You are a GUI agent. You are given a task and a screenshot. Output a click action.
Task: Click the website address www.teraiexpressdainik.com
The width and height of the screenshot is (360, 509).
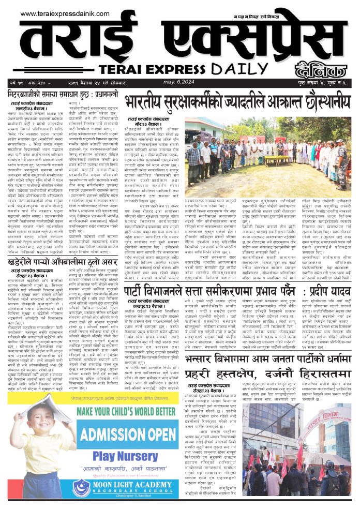(x=56, y=14)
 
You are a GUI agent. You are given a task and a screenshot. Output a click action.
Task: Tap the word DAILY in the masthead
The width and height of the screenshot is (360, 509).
(x=251, y=69)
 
